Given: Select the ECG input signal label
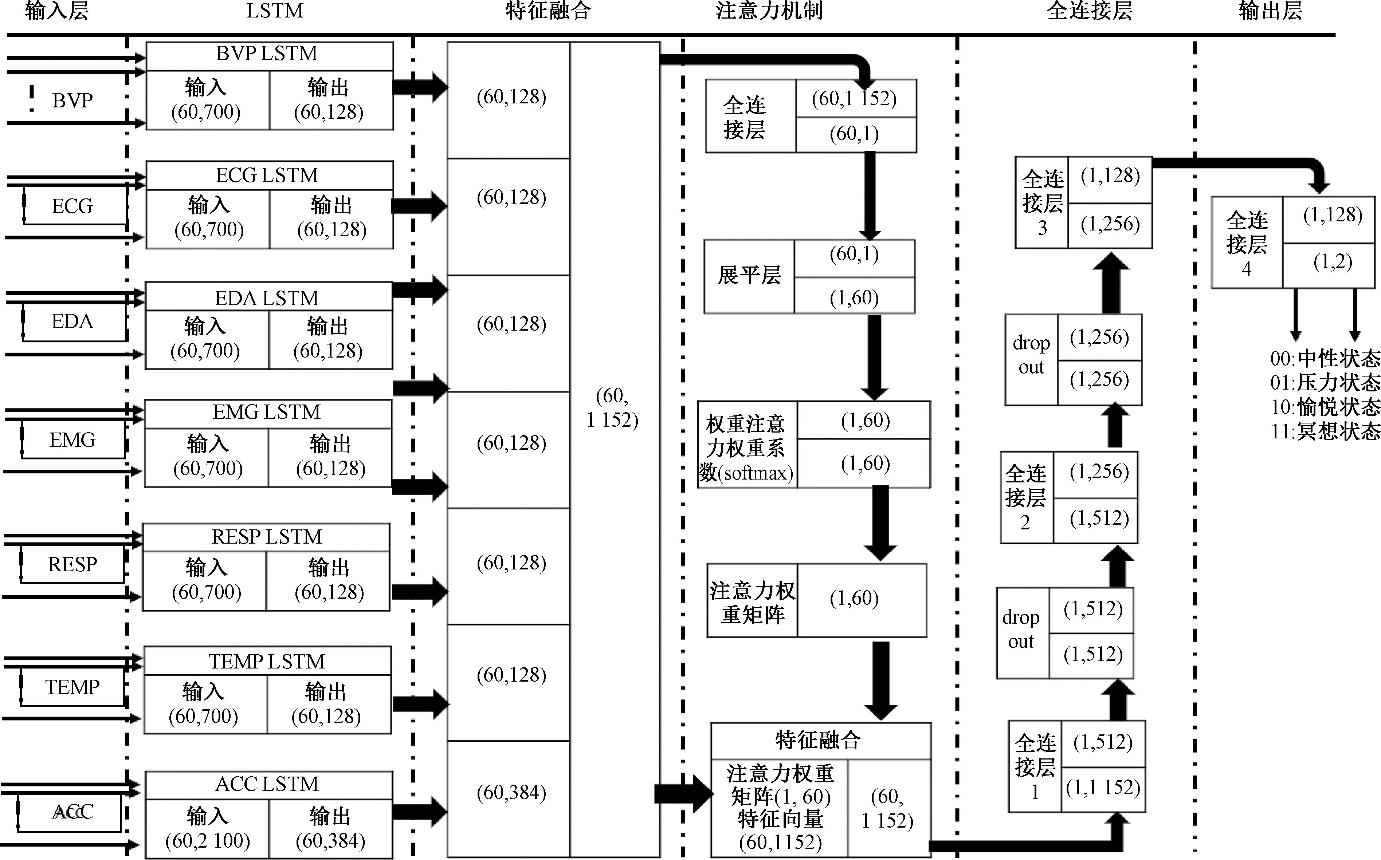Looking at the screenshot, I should pos(72,206).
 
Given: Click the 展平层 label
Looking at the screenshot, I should pos(749,276).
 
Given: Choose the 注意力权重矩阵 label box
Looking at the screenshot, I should pos(752,601).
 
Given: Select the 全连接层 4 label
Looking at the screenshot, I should pos(1246,243).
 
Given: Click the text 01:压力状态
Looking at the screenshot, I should pos(1325,383).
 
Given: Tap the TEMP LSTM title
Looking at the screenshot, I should pos(267,662).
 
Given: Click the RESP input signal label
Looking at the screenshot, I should pos(72,564).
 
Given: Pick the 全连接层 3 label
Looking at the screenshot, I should pos(1042,203).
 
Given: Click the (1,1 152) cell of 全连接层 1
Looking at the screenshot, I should pos(1103,788).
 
